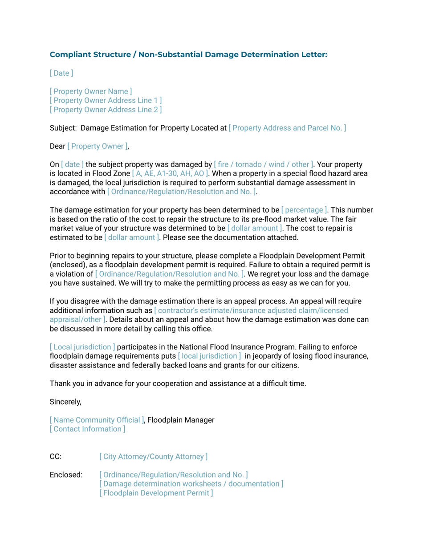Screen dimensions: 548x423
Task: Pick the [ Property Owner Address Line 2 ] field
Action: point(106,109)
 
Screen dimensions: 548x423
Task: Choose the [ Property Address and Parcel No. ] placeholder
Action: point(287,128)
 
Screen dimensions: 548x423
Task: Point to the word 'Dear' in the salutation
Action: point(57,146)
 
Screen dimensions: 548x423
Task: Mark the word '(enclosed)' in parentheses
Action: point(67,264)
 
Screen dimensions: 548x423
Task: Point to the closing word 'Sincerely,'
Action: point(65,401)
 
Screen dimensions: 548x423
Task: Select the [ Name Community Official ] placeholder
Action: point(97,420)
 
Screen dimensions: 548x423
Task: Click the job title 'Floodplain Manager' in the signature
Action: point(181,420)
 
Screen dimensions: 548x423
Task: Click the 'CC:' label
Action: point(55,456)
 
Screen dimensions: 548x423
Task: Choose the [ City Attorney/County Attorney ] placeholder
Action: point(153,456)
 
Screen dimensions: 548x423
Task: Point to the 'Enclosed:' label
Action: point(65,474)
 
